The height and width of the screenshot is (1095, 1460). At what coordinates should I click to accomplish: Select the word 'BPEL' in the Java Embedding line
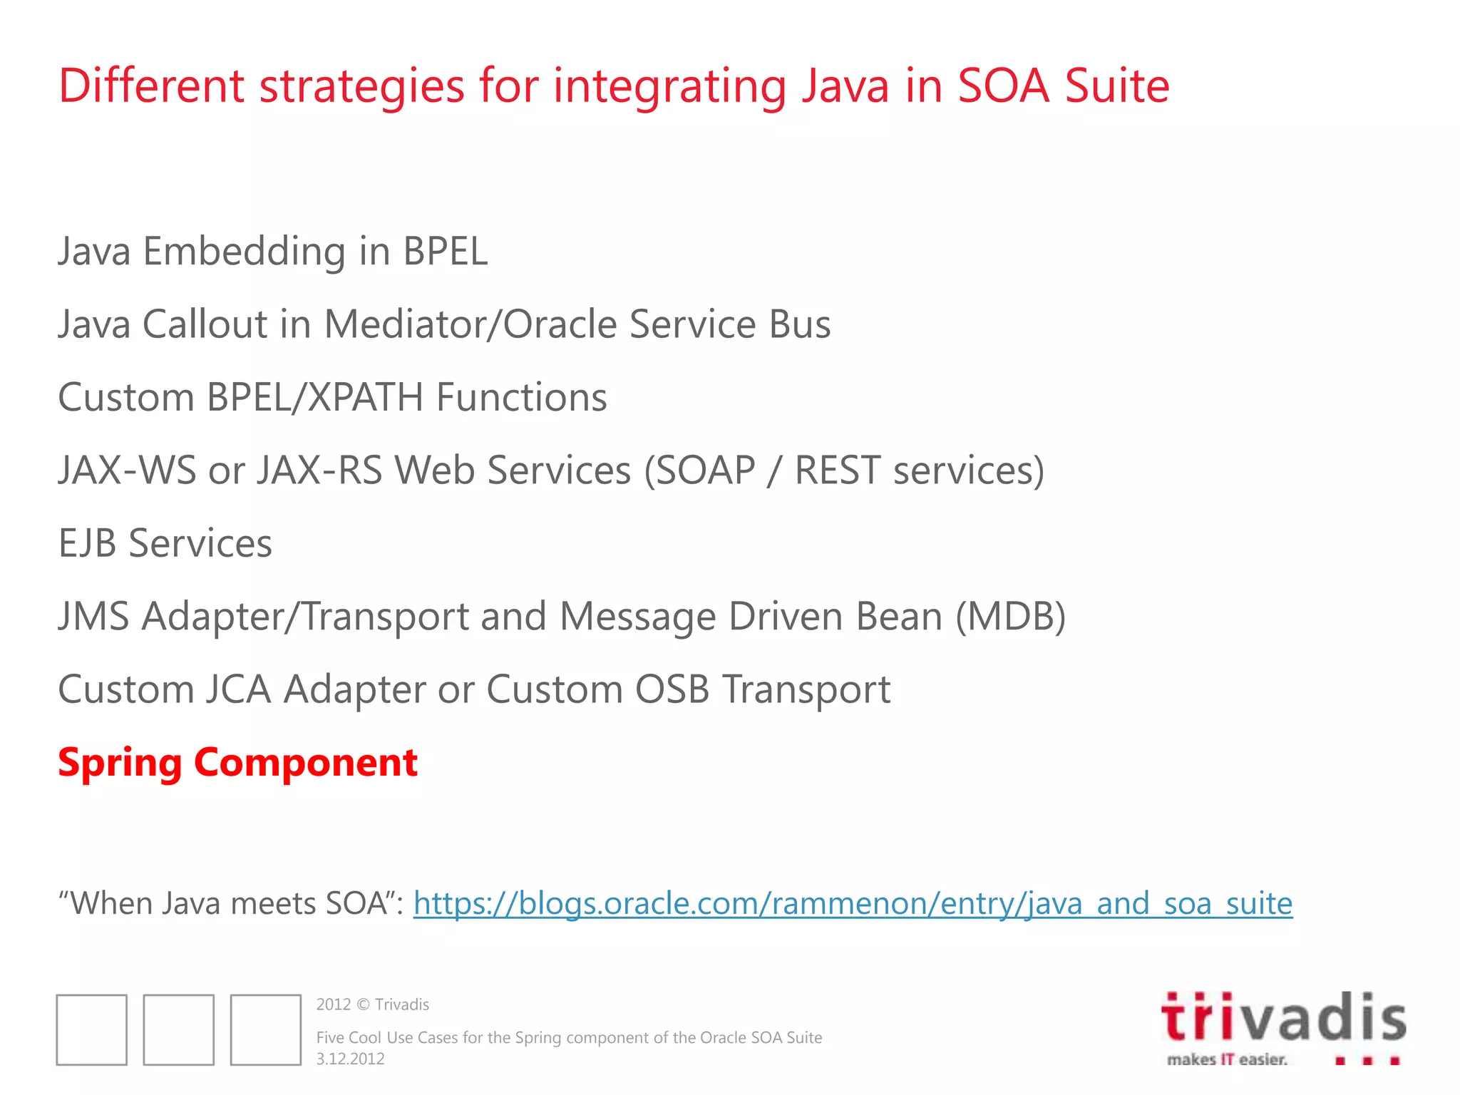[x=445, y=252]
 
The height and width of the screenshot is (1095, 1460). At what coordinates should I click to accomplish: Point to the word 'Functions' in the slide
[x=521, y=397]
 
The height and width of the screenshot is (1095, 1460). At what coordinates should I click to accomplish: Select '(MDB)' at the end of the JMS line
[x=1010, y=617]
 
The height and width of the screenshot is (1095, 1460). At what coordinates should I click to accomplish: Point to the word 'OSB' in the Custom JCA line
[x=672, y=689]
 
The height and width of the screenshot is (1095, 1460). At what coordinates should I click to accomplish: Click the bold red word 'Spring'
[x=120, y=763]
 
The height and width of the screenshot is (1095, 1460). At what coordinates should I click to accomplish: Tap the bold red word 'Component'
[x=305, y=763]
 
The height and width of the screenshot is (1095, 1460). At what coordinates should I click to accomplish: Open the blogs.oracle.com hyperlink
[x=853, y=904]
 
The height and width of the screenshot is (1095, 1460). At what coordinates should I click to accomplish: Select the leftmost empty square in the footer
[x=92, y=1029]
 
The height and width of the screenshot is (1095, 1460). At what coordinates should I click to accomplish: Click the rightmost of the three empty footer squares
[x=265, y=1029]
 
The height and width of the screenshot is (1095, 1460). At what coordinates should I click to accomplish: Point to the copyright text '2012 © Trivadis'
[x=372, y=1004]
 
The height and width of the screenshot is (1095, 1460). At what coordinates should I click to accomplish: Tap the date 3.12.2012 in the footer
[x=350, y=1059]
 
